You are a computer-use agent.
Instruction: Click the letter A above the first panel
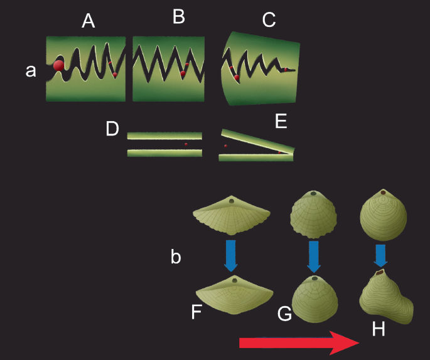(89, 21)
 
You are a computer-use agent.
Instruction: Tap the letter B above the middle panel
(179, 17)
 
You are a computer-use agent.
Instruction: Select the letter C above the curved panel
(269, 21)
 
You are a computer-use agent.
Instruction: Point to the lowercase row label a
(31, 71)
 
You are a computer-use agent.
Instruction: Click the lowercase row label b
(177, 257)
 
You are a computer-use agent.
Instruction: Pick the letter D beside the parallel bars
(112, 129)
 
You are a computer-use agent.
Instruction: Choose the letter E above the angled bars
(281, 121)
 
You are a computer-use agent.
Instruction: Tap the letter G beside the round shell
(284, 314)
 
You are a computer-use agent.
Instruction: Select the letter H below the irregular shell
(378, 328)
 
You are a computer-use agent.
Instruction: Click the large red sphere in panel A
(58, 65)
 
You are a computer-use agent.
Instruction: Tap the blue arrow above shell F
(231, 255)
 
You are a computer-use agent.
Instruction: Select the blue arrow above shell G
(314, 255)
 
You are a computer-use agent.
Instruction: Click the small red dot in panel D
(186, 144)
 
